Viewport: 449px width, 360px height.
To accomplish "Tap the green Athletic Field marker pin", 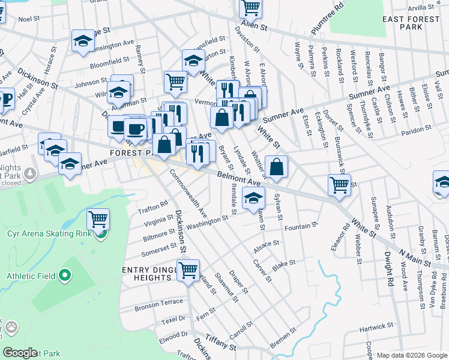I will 65,277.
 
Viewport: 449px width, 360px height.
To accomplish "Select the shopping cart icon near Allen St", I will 250,7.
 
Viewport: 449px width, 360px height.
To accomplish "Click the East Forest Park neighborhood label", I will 411,23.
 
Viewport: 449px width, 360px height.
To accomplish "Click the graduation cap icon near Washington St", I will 254,196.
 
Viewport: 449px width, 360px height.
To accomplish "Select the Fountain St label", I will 300,227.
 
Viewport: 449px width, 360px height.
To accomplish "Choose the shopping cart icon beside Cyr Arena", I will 98,219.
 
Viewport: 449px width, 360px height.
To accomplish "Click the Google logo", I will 20,353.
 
